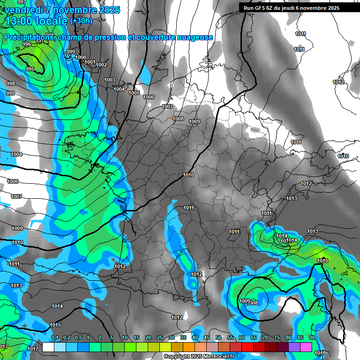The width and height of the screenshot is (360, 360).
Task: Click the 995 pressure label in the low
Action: pyautogui.click(x=30, y=69)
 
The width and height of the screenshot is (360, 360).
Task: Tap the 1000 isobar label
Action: pyautogui.click(x=81, y=57)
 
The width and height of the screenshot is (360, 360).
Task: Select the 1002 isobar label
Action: pyautogui.click(x=101, y=65)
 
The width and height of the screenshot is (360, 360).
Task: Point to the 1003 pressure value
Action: pyautogui.click(x=110, y=80)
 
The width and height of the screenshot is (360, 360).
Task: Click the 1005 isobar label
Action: pyautogui.click(x=134, y=93)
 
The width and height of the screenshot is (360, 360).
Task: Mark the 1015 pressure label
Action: pyautogui.click(x=55, y=325)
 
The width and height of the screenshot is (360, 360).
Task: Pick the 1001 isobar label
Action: pyautogui.click(x=90, y=62)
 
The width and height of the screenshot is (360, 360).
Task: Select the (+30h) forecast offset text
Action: pyautogui.click(x=82, y=21)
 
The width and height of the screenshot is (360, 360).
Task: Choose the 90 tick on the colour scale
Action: pyautogui.click(x=312, y=337)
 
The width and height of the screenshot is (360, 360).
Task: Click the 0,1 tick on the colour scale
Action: pyautogui.click(x=55, y=337)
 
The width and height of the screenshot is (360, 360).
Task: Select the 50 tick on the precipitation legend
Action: pyautogui.click(x=218, y=337)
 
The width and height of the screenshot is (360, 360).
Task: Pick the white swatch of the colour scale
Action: pyautogui.click(x=48, y=347)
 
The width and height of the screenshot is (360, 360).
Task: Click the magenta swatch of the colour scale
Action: pyautogui.click(x=306, y=347)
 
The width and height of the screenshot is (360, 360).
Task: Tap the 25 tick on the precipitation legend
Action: pyautogui.click(x=160, y=337)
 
